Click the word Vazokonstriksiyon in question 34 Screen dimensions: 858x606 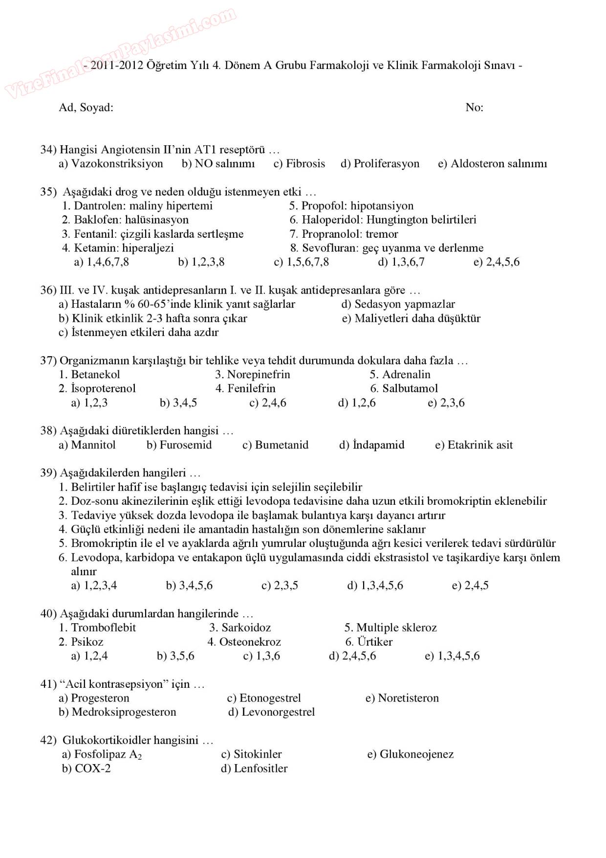pos(117,164)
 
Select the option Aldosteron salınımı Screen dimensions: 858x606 pos(498,164)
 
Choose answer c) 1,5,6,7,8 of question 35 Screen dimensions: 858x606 pos(302,262)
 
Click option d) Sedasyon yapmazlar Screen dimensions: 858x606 pos(398,304)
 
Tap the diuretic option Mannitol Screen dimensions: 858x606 pos(93,445)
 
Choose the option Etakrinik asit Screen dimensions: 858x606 pos(480,445)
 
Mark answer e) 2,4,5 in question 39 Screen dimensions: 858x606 pos(470,586)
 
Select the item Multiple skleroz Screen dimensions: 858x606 pos(396,628)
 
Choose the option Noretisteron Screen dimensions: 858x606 pos(408,698)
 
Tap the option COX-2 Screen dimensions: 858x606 pos(92,768)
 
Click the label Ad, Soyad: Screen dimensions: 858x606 pos(86,108)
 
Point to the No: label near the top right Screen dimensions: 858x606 pos(475,108)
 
